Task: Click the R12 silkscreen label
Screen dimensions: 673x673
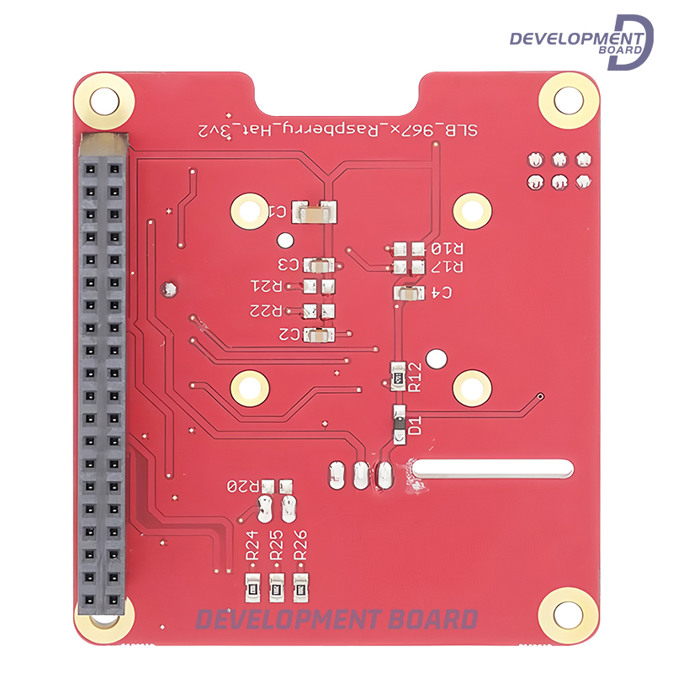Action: coord(414,376)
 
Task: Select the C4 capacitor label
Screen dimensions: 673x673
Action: coord(440,293)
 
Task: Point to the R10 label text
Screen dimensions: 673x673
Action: coord(447,249)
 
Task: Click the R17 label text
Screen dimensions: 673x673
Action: coord(447,267)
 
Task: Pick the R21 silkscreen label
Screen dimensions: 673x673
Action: coord(266,287)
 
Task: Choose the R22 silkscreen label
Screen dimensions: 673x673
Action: coord(266,310)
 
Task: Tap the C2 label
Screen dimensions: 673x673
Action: coord(289,335)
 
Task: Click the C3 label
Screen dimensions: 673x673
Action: coord(289,264)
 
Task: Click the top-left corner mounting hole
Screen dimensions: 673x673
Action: coord(104,98)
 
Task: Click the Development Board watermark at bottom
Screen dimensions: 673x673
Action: coord(337,620)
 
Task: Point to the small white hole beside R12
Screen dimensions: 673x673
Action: coord(435,359)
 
